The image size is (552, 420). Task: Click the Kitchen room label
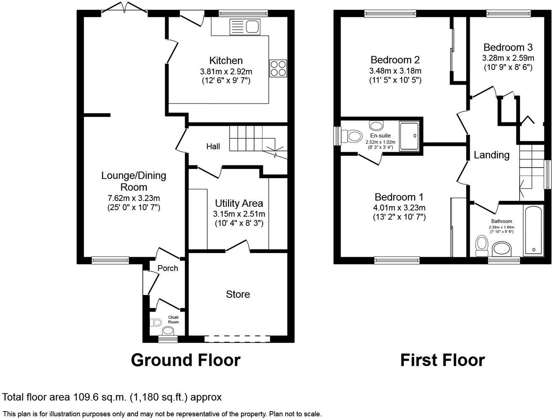(x=226, y=61)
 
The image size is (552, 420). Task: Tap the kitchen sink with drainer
(x=245, y=28)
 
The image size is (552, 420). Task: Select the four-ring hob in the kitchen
(x=278, y=68)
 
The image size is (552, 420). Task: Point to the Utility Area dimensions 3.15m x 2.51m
(x=239, y=214)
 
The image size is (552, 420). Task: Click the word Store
(x=238, y=294)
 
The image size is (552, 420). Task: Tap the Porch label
(x=167, y=268)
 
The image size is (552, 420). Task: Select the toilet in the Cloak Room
(x=155, y=323)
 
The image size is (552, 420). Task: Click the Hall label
(x=213, y=147)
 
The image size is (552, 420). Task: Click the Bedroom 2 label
(x=395, y=60)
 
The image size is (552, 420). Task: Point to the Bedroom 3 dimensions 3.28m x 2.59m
(x=508, y=58)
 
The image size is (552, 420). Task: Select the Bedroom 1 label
(x=399, y=197)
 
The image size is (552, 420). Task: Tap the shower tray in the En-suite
(x=409, y=136)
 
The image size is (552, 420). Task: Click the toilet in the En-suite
(x=352, y=136)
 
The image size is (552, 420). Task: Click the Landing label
(x=491, y=155)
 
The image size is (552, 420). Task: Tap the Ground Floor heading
(x=186, y=360)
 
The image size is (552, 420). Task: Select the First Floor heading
(x=442, y=360)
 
